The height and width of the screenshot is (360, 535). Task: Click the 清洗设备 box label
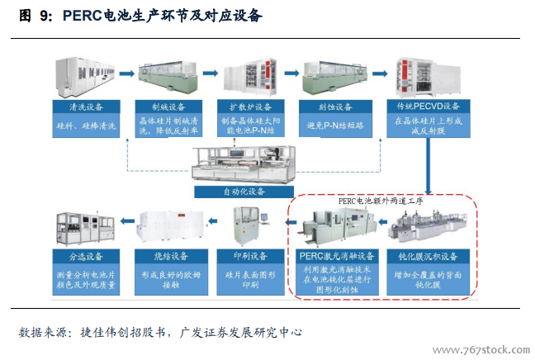tap(86, 107)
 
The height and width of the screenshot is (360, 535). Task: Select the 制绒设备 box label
tap(168, 107)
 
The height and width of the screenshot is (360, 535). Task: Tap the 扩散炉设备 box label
tap(251, 107)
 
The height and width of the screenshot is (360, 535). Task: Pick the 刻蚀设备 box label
tap(335, 107)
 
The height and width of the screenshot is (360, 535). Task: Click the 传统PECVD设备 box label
tap(428, 107)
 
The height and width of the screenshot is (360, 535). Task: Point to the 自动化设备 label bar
tap(244, 192)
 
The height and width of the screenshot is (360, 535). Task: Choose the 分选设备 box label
tap(86, 256)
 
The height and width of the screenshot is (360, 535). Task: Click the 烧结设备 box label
tap(171, 256)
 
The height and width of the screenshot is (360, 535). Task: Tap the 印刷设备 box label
tap(250, 256)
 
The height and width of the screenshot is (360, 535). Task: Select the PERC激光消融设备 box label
tap(337, 256)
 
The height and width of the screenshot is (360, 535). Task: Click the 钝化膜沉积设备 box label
tap(428, 256)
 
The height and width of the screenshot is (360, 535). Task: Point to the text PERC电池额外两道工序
tap(381, 201)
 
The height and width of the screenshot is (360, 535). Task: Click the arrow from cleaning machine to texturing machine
tap(127, 73)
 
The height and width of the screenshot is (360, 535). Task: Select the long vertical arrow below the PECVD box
tap(428, 166)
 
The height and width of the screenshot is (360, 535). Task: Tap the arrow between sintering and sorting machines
tap(128, 221)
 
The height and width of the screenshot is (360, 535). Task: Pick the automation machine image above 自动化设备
tap(244, 163)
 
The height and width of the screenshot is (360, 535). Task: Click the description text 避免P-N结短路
tap(335, 126)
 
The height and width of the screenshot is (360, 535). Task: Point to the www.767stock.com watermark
tap(481, 350)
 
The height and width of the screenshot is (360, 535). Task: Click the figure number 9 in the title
tap(44, 16)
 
